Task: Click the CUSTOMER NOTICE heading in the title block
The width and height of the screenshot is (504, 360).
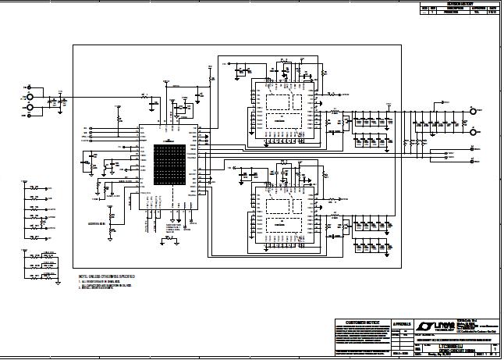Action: pyautogui.click(x=362, y=322)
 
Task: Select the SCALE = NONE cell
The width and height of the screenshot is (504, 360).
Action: pyautogui.click(x=403, y=354)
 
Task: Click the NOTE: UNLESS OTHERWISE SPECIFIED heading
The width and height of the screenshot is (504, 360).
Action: pyautogui.click(x=105, y=277)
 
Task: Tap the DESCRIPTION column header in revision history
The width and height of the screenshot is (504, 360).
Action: pyautogui.click(x=451, y=9)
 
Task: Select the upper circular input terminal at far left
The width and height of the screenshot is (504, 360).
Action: pyautogui.click(x=30, y=88)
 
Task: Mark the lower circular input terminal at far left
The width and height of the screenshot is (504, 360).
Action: pyautogui.click(x=30, y=107)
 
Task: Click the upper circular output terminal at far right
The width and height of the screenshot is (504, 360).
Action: pyautogui.click(x=473, y=112)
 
